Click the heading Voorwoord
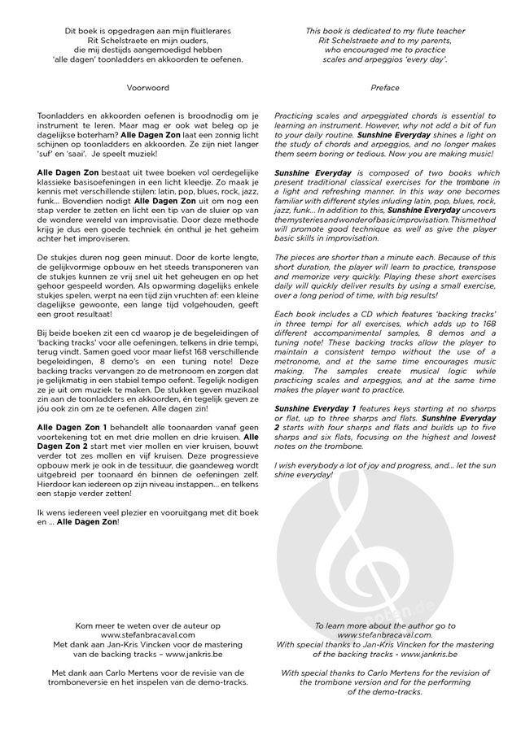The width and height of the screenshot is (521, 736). [147, 84]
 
